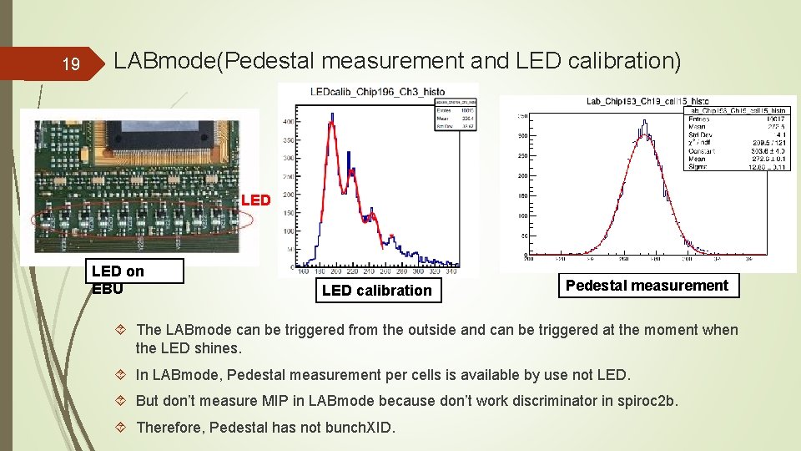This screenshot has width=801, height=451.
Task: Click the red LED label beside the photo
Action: [255, 200]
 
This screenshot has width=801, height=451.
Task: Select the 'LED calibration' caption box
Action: [376, 291]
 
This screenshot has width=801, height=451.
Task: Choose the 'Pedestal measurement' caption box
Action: [647, 286]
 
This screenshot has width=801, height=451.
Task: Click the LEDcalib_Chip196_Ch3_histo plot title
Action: [377, 92]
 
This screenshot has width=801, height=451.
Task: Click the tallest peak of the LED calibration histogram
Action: [332, 119]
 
